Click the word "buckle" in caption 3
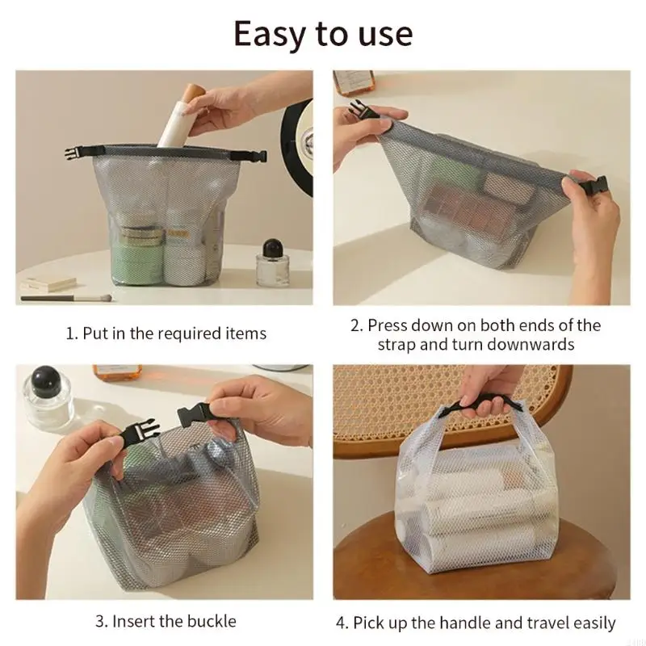click(209, 621)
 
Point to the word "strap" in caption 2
click(398, 344)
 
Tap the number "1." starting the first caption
click(72, 333)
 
